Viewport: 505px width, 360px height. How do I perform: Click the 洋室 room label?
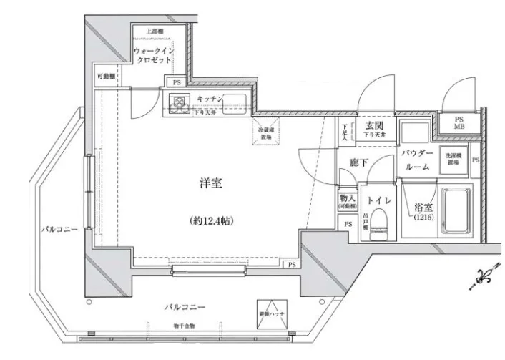pyautogui.click(x=210, y=183)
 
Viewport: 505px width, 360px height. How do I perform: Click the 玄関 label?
pyautogui.click(x=373, y=124)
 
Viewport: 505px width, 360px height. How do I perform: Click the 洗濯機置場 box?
pyautogui.click(x=453, y=158)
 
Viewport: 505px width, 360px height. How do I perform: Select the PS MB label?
pyautogui.click(x=459, y=123)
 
